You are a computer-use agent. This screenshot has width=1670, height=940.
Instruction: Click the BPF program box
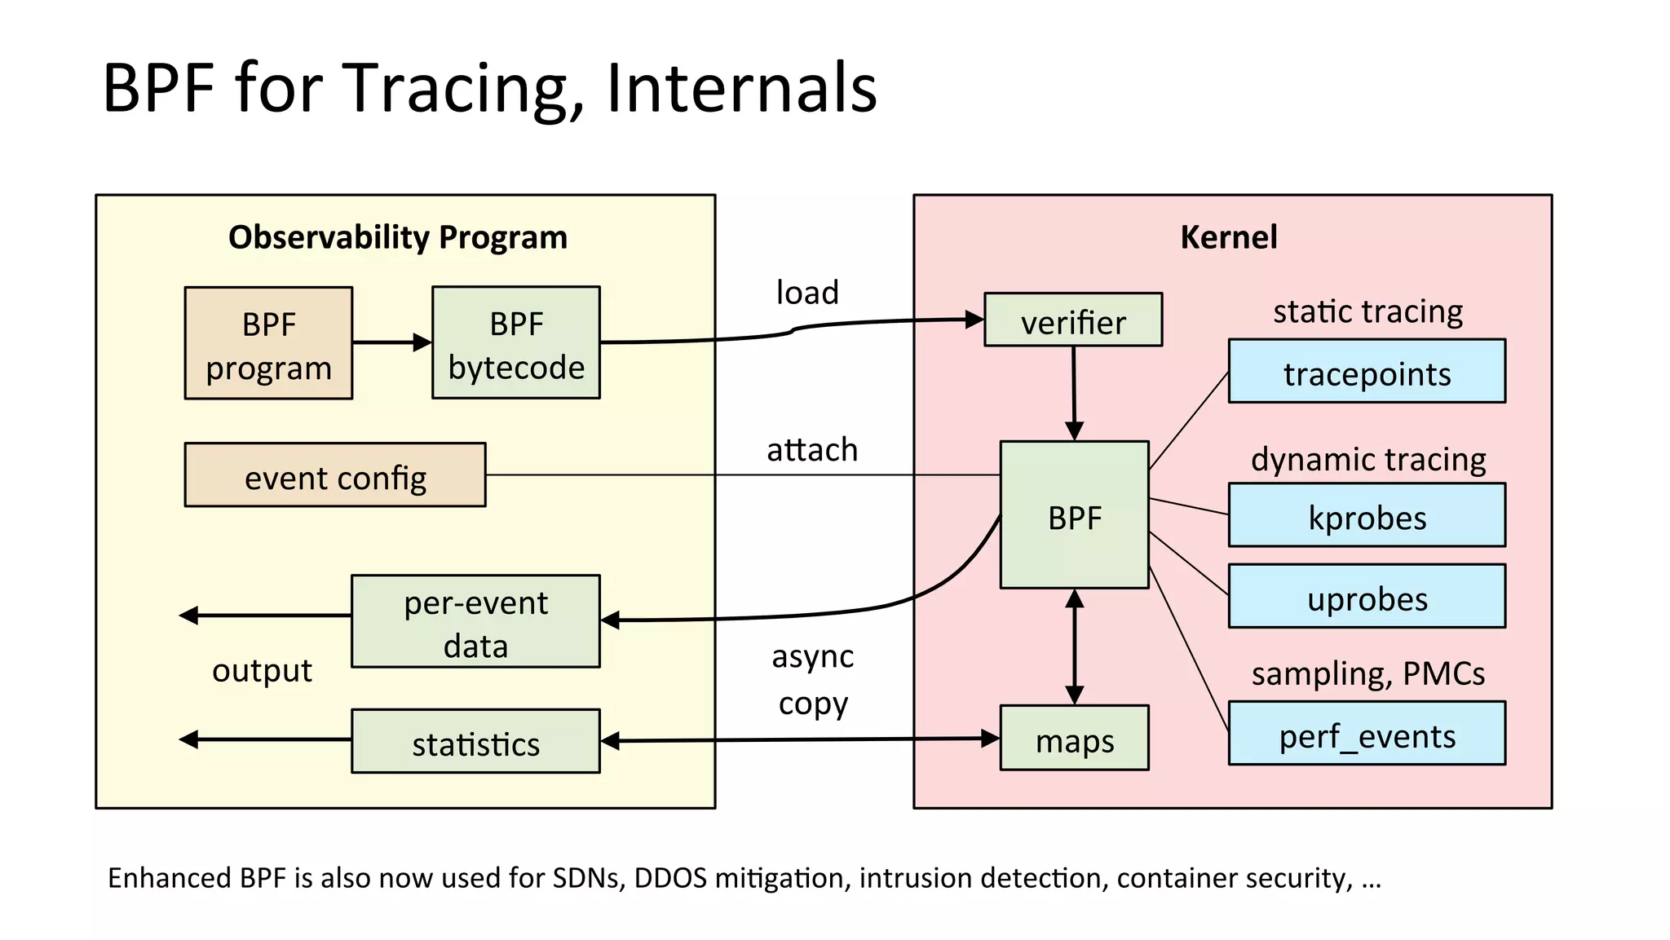tap(268, 343)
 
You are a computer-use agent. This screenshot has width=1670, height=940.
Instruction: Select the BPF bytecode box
tap(516, 342)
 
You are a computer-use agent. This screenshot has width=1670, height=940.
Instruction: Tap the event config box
tap(335, 475)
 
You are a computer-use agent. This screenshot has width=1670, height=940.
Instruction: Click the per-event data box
tap(475, 622)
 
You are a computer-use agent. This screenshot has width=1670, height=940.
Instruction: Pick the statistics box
tap(475, 741)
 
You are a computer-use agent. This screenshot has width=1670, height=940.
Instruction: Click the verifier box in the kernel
tap(1073, 320)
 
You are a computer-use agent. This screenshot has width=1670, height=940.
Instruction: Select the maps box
tap(1074, 739)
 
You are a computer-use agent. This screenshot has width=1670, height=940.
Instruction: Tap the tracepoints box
tap(1367, 372)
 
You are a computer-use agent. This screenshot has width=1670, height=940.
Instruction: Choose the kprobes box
tap(1367, 516)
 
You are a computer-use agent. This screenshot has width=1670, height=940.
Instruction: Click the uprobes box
tap(1367, 597)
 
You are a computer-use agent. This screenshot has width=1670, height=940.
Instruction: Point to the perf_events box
tap(1367, 734)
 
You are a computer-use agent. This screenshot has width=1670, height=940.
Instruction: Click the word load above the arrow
tap(807, 292)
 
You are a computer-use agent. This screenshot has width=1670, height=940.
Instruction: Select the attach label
tap(812, 449)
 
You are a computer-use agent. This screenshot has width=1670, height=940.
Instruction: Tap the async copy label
tap(813, 679)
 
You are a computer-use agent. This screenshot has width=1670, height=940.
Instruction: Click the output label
tap(262, 670)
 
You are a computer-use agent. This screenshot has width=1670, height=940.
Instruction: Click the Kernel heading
tap(1228, 237)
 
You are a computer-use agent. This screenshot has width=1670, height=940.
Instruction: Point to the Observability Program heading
tap(398, 237)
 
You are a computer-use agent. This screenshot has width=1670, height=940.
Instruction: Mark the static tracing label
tap(1367, 311)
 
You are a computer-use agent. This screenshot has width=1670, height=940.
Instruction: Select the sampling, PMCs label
tap(1367, 673)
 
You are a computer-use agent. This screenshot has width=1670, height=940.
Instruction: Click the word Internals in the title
tap(741, 88)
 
